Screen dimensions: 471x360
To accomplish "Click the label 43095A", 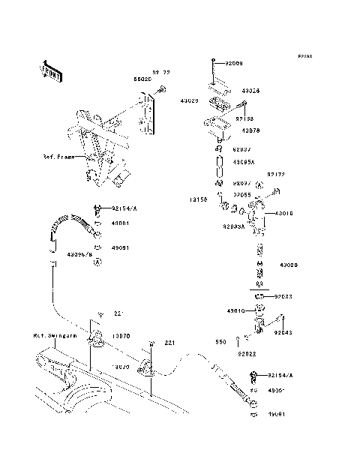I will (x=244, y=162).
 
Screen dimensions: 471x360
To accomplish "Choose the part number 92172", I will (x=278, y=172).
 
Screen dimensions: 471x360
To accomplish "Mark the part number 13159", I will (x=197, y=200).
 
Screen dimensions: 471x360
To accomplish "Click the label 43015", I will (x=285, y=214).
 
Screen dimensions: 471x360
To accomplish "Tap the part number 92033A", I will (x=235, y=224).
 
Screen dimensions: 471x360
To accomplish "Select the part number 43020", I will (x=289, y=265).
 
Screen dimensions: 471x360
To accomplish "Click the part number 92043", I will (x=283, y=331).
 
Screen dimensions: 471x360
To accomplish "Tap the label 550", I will (x=220, y=342).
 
